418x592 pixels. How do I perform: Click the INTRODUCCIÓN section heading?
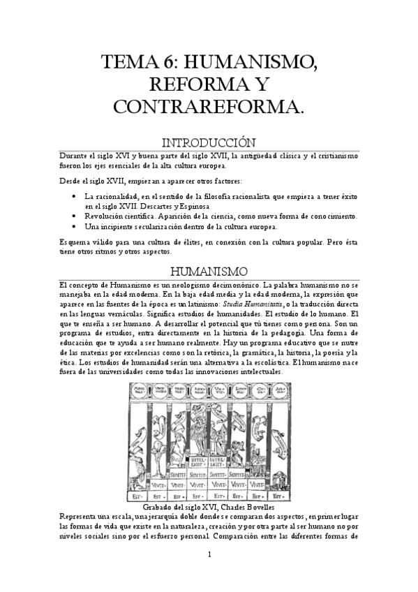tap(209, 142)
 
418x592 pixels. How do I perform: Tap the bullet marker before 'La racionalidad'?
tap(75, 196)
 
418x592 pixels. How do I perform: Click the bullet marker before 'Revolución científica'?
tap(75, 216)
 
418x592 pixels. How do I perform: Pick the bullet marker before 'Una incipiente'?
tap(75, 227)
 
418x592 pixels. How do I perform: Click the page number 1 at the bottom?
tap(209, 554)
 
